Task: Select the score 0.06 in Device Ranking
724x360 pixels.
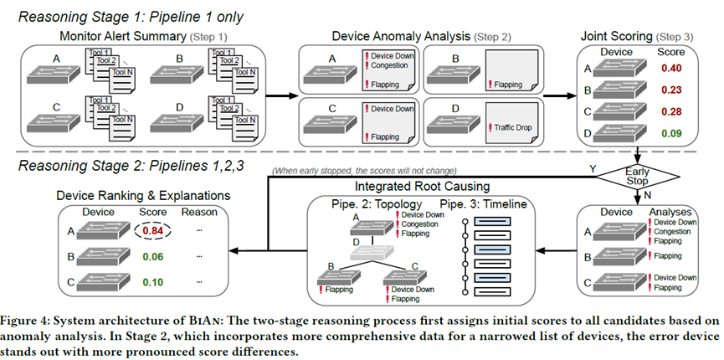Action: tap(152, 257)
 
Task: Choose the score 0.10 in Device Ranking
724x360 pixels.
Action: tap(152, 282)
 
